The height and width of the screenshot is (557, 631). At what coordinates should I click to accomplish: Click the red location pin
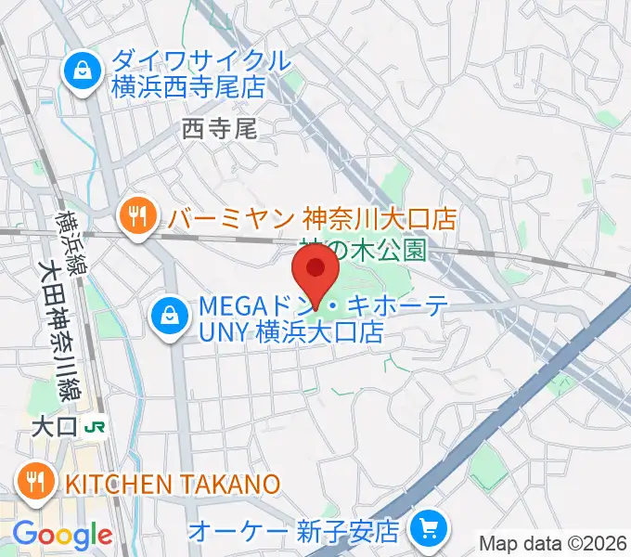315,269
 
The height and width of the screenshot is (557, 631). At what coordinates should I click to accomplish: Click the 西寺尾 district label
219,128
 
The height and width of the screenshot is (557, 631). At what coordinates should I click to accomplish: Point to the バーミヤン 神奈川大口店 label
313,219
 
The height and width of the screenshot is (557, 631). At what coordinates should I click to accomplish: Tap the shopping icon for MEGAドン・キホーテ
170,317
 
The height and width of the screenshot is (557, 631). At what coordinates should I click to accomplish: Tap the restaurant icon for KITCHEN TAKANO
35,482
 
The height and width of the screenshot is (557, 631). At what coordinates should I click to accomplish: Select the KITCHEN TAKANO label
171,483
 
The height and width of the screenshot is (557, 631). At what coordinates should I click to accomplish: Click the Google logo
62,535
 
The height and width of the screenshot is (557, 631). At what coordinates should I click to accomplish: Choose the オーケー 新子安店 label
293,532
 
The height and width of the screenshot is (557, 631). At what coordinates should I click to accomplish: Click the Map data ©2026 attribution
553,543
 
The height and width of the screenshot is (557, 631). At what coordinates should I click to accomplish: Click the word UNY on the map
222,331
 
